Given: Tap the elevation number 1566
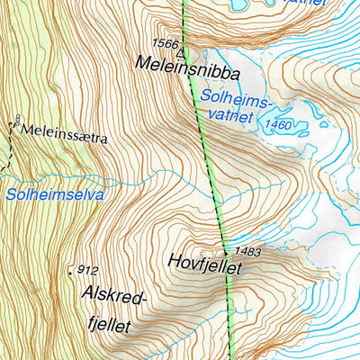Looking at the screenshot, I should (165, 43).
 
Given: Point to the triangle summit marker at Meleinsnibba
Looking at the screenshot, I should (183, 52).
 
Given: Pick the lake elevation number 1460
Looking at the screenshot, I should (279, 124).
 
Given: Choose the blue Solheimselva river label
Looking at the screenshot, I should (54, 193).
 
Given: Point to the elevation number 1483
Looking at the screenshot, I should (247, 252).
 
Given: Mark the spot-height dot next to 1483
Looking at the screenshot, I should (225, 253).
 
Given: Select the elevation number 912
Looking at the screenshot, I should (87, 269).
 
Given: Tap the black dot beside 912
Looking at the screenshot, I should (70, 269).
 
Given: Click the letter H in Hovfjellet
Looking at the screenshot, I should (174, 262).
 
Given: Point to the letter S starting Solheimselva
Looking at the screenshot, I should (8, 193).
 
